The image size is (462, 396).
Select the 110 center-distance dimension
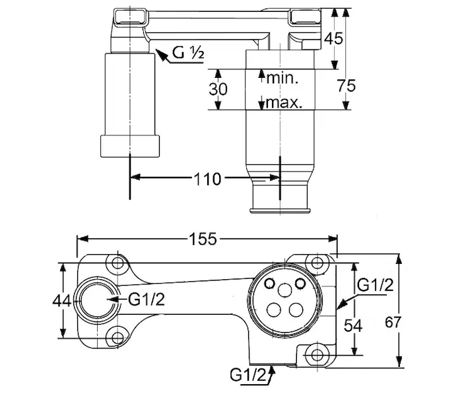tap(207, 179)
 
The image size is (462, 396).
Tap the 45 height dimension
tap(335, 39)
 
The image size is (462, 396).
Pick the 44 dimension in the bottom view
tap(62, 300)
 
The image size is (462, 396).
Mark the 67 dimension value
tap(393, 323)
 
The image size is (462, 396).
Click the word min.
tap(283, 78)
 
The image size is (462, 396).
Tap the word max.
tap(284, 104)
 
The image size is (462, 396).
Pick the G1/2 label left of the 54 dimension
tap(375, 285)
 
